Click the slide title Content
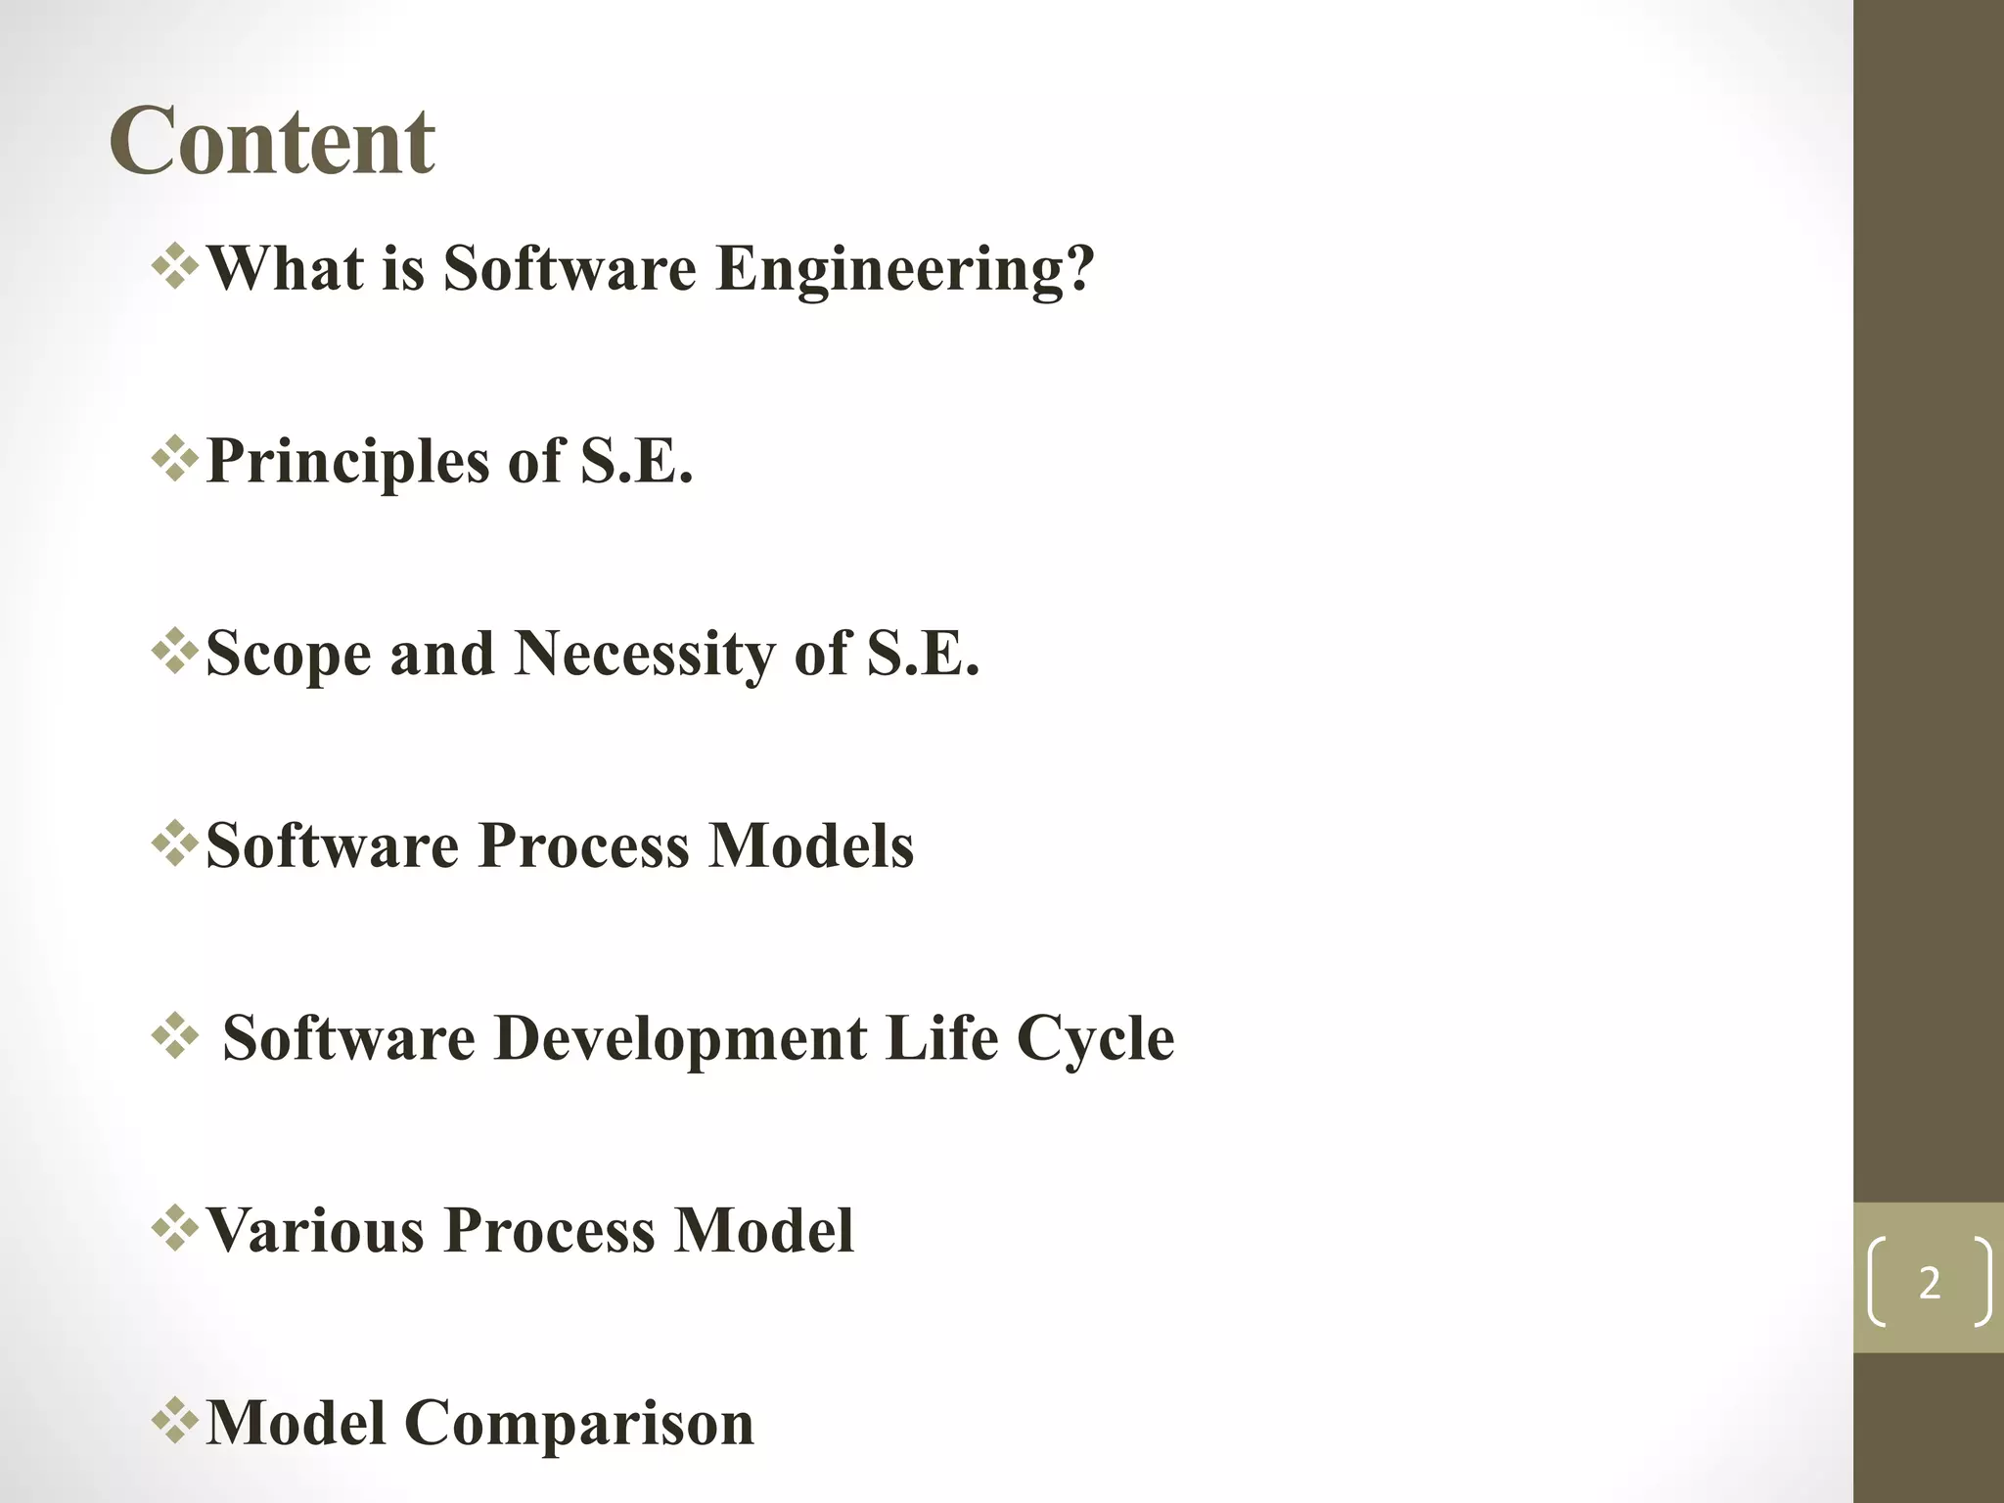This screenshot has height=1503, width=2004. click(x=272, y=142)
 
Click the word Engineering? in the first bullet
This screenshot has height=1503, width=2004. click(x=905, y=268)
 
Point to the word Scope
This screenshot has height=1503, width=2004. click(x=289, y=654)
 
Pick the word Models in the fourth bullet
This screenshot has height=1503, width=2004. click(x=811, y=845)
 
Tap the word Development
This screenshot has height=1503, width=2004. click(x=680, y=1037)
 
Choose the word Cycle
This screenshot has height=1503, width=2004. click(x=1095, y=1037)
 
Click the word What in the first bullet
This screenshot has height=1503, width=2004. click(x=286, y=268)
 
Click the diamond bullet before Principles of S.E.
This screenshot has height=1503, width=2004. click(x=175, y=460)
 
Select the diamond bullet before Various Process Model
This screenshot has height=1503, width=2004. click(x=175, y=1229)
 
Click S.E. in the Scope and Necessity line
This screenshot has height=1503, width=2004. click(x=923, y=654)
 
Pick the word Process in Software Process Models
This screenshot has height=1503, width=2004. click(x=584, y=845)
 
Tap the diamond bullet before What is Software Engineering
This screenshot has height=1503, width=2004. click(x=175, y=267)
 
